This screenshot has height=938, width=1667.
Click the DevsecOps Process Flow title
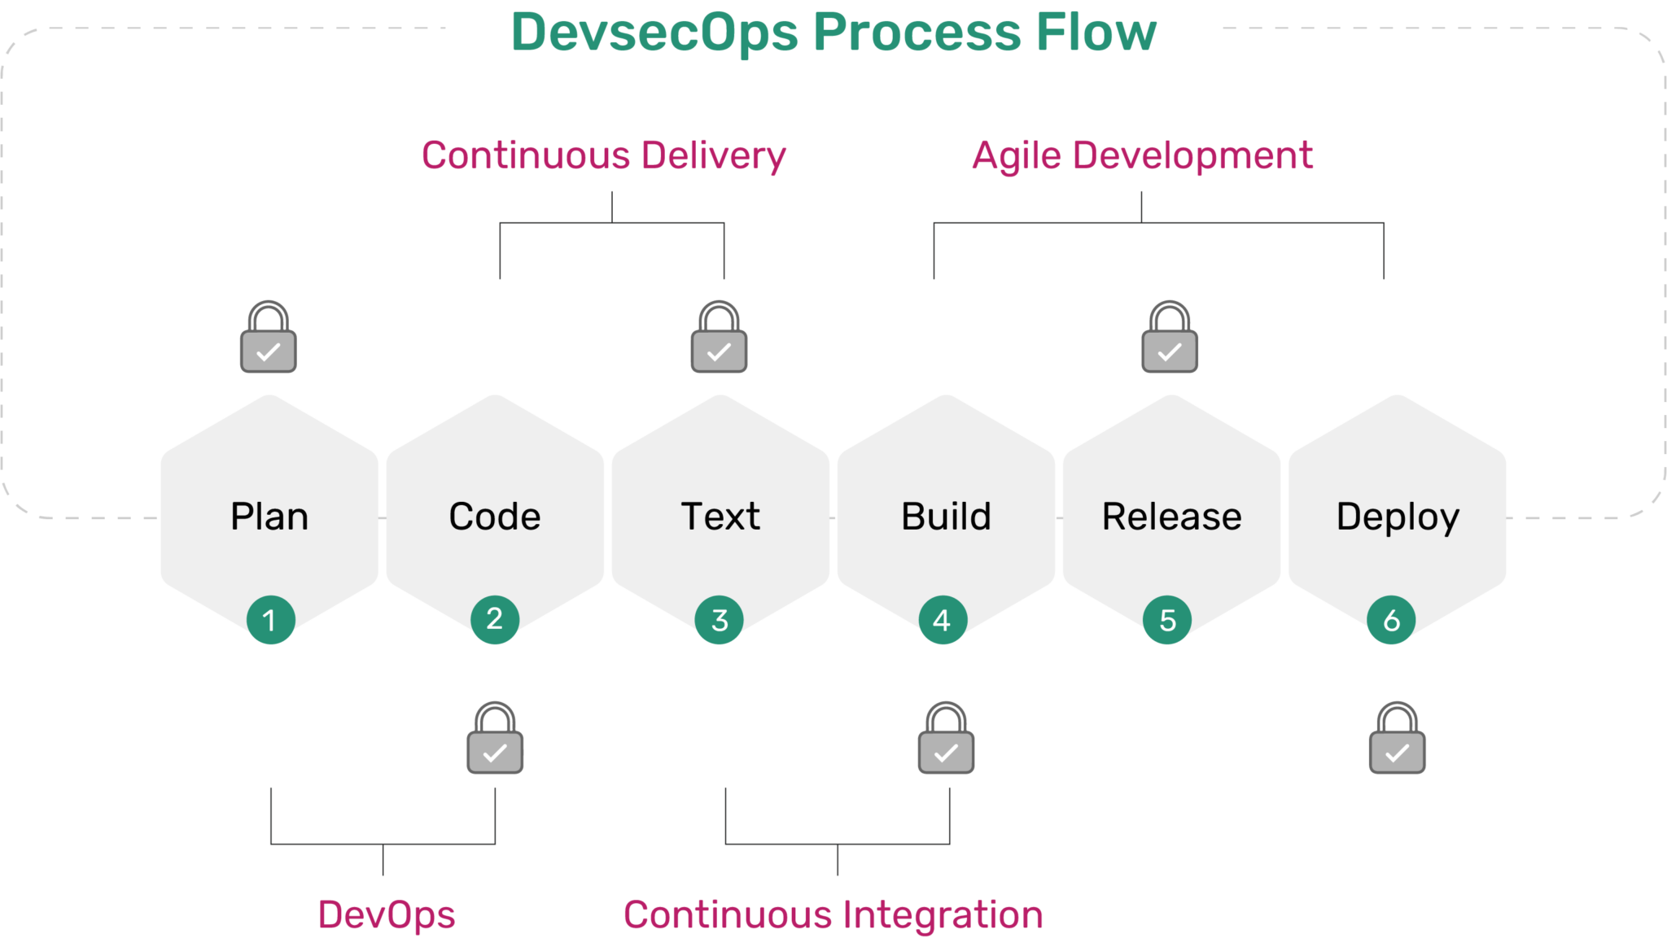coord(833,33)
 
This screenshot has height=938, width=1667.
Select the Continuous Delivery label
coord(603,155)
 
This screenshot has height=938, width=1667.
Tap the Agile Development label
coord(1142,155)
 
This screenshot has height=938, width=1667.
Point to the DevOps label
coord(387,914)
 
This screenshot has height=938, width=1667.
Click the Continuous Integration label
coord(833,914)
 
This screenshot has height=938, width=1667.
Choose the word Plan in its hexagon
coord(269,517)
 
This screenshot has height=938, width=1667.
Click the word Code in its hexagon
coord(495,517)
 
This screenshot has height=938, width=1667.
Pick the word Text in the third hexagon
coord(720,517)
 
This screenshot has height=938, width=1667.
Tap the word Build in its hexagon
coord(946,517)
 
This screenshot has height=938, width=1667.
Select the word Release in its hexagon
coord(1171,517)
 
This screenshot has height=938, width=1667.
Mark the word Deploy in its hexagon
coord(1398,517)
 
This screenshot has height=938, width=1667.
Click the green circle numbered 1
coord(270,620)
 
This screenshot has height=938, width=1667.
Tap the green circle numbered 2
coord(495,620)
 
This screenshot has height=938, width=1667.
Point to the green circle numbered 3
coord(720,620)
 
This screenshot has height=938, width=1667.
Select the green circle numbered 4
coord(943,620)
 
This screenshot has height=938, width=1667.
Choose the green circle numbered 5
coord(1167,620)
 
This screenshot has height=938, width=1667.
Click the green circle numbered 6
coord(1391,620)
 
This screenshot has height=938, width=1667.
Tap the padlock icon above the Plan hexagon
coord(268,338)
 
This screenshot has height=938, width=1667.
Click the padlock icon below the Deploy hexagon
coord(1397,739)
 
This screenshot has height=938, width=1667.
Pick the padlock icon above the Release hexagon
coord(1169,338)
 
